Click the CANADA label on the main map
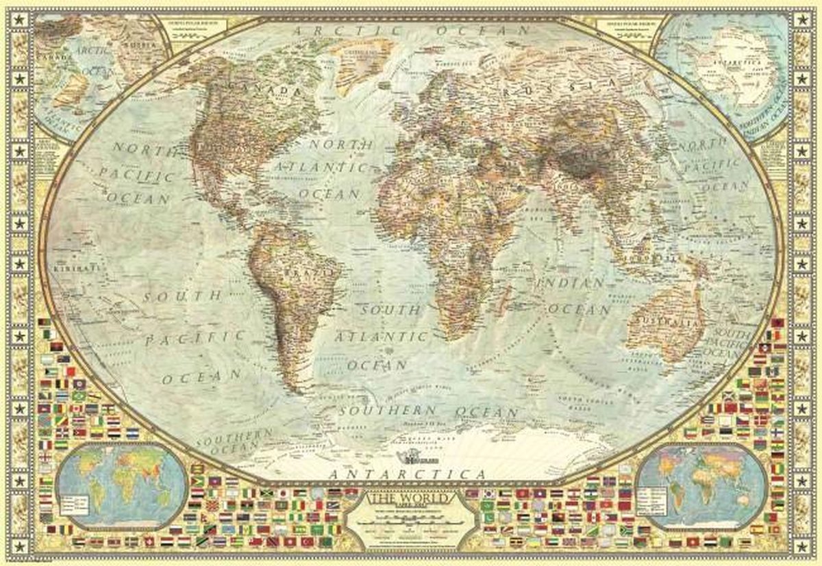(267, 90)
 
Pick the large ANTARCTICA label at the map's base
(407, 473)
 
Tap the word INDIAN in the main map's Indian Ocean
(571, 282)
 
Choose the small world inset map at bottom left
(122, 486)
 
